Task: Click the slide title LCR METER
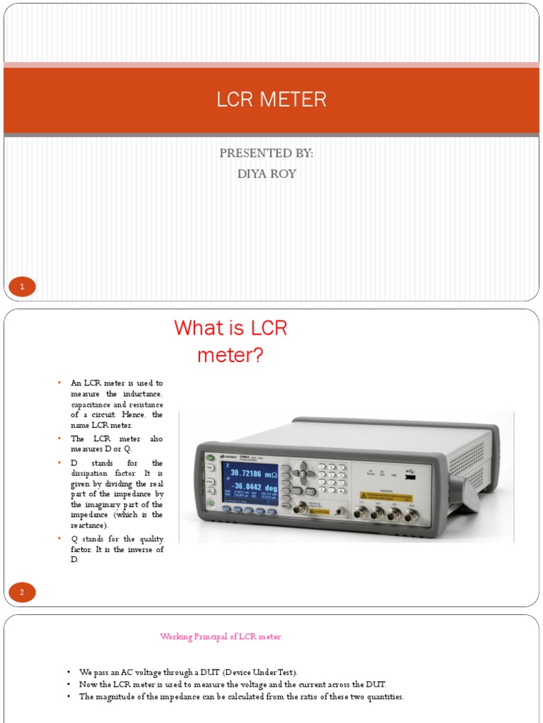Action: pyautogui.click(x=271, y=100)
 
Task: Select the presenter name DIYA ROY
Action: pyautogui.click(x=267, y=174)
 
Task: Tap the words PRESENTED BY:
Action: pyautogui.click(x=267, y=153)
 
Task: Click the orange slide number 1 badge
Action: pyautogui.click(x=22, y=287)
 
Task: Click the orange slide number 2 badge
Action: pyautogui.click(x=22, y=592)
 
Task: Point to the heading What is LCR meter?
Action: pyautogui.click(x=230, y=341)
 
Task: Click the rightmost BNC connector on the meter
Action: pyautogui.click(x=410, y=514)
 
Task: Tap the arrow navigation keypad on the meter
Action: pyautogui.click(x=304, y=469)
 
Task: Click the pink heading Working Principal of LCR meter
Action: pyautogui.click(x=221, y=637)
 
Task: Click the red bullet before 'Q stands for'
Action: pyautogui.click(x=60, y=539)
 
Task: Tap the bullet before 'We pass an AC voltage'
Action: pyautogui.click(x=69, y=672)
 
